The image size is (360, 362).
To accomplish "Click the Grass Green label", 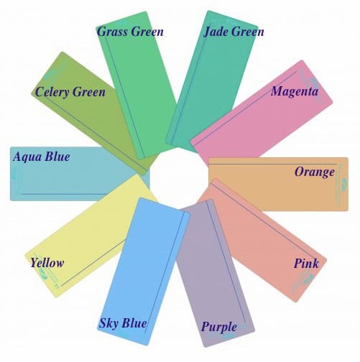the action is click(x=130, y=32).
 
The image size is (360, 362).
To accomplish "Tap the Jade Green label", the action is click(x=234, y=32).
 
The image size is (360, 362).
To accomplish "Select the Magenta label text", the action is click(x=295, y=91).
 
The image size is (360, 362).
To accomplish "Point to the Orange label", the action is click(x=315, y=172).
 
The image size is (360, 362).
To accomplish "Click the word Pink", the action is click(x=306, y=264).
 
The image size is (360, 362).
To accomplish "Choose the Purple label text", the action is click(x=219, y=327).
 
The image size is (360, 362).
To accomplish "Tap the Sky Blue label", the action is click(x=123, y=323).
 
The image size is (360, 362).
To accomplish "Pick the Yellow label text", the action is click(x=47, y=263).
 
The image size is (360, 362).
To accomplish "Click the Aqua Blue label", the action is click(x=42, y=157).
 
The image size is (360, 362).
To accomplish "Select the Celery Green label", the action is click(x=70, y=92).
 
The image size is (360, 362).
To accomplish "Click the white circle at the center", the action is click(x=179, y=177).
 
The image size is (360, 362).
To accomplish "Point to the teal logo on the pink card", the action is click(x=303, y=282).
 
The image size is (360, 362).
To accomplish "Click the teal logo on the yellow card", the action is click(x=47, y=276).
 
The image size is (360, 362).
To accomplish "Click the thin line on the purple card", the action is click(x=226, y=261).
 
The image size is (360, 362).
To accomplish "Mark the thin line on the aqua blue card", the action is click(x=65, y=194).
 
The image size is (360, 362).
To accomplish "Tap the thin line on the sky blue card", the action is click(x=165, y=272).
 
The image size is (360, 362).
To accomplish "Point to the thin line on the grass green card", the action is click(x=124, y=97).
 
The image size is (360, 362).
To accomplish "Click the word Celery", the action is click(x=52, y=92).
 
